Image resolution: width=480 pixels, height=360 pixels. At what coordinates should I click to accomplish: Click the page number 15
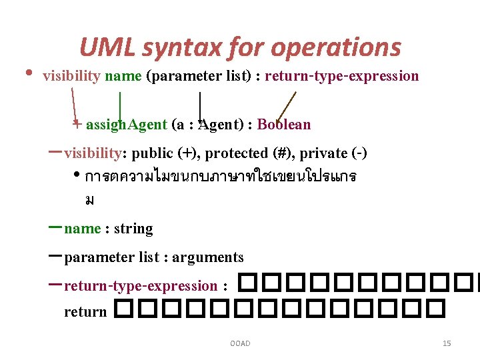click(447, 343)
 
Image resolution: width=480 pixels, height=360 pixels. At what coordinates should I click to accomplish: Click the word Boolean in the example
click(284, 125)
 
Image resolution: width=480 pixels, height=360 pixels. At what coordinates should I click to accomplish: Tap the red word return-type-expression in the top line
click(342, 76)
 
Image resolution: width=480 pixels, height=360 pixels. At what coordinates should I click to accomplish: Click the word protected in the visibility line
click(237, 153)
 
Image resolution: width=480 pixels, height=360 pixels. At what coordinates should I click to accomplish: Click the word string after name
click(133, 229)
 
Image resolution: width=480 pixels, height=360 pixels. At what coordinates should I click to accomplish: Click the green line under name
click(119, 105)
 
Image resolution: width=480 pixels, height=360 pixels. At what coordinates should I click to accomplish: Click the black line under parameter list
click(201, 105)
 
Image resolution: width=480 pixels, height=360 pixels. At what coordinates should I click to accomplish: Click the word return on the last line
click(85, 311)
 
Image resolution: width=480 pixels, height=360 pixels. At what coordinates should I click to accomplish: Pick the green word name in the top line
click(123, 76)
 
